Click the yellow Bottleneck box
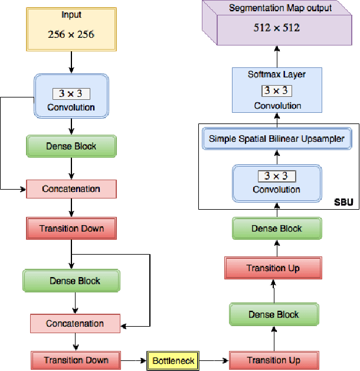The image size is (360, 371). pos(174,360)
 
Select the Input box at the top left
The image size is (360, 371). pos(71,27)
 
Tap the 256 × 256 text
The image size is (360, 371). pos(71,34)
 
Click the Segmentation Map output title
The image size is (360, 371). pos(280,8)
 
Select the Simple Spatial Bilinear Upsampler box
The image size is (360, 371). pos(277,139)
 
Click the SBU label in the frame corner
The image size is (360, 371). pos(343,202)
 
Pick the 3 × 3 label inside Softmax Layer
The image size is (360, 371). pos(277,90)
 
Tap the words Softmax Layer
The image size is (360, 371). pos(277,74)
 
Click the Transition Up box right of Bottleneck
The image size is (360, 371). pos(273,360)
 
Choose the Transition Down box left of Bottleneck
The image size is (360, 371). pos(76,360)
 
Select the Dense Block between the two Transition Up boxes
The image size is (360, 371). pos(273,314)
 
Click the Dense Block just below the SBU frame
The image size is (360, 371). pos(277,229)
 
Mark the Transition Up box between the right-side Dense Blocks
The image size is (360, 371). pos(273,268)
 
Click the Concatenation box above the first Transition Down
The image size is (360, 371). pos(71,189)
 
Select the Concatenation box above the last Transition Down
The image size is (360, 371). pos(75,323)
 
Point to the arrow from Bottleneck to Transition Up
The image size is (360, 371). pos(214,360)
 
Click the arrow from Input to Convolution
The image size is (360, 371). pos(71,62)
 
